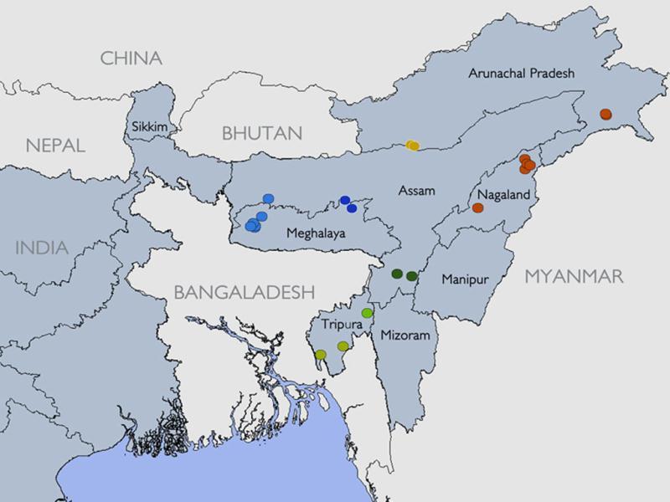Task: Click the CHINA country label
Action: (130, 59)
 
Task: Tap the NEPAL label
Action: (55, 145)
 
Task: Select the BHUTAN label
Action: (261, 133)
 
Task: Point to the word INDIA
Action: (41, 248)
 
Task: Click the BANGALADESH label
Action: (244, 292)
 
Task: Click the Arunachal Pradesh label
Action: (522, 74)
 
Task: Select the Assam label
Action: (417, 191)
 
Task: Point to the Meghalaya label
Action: (316, 233)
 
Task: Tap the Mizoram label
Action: (405, 336)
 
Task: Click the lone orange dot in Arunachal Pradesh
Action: (606, 115)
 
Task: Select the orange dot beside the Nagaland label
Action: (477, 207)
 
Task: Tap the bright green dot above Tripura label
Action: (367, 313)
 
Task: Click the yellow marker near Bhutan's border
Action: (412, 146)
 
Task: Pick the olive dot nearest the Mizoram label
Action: (343, 346)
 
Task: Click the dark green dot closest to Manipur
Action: (412, 275)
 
